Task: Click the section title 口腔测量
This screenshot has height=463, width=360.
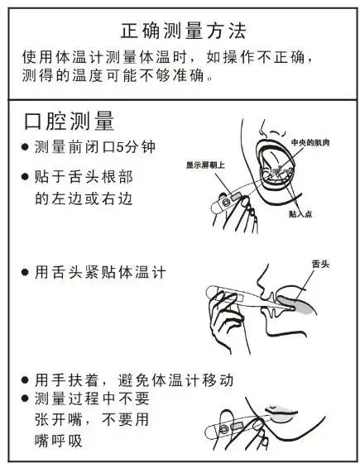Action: click(71, 121)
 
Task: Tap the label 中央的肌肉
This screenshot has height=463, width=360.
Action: click(312, 142)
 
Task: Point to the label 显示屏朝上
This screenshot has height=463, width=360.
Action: click(207, 165)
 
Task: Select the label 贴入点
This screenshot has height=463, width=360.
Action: click(300, 213)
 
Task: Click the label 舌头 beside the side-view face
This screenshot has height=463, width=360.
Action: click(320, 263)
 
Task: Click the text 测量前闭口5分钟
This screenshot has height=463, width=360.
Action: click(94, 147)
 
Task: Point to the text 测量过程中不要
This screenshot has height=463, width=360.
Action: click(94, 400)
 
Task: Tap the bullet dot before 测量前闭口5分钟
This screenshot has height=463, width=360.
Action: click(25, 148)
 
